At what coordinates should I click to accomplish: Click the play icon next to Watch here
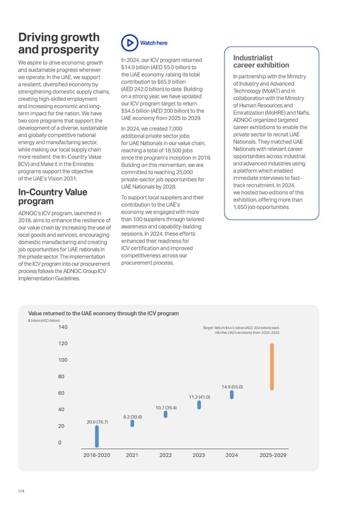[130, 43]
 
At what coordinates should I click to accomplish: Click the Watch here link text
[154, 43]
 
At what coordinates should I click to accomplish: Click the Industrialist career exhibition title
[261, 61]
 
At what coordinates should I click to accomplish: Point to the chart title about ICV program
[103, 313]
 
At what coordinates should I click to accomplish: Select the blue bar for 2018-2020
[97, 436]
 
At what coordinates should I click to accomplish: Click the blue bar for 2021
[132, 423]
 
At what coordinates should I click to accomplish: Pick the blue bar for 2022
[166, 414]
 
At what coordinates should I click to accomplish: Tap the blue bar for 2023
[199, 405]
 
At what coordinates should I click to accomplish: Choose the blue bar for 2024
[232, 395]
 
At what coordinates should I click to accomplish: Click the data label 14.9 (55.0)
[232, 387]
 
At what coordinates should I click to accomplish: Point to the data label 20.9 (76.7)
[97, 422]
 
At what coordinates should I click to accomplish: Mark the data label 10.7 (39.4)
[166, 408]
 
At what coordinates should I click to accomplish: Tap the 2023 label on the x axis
[199, 455]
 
